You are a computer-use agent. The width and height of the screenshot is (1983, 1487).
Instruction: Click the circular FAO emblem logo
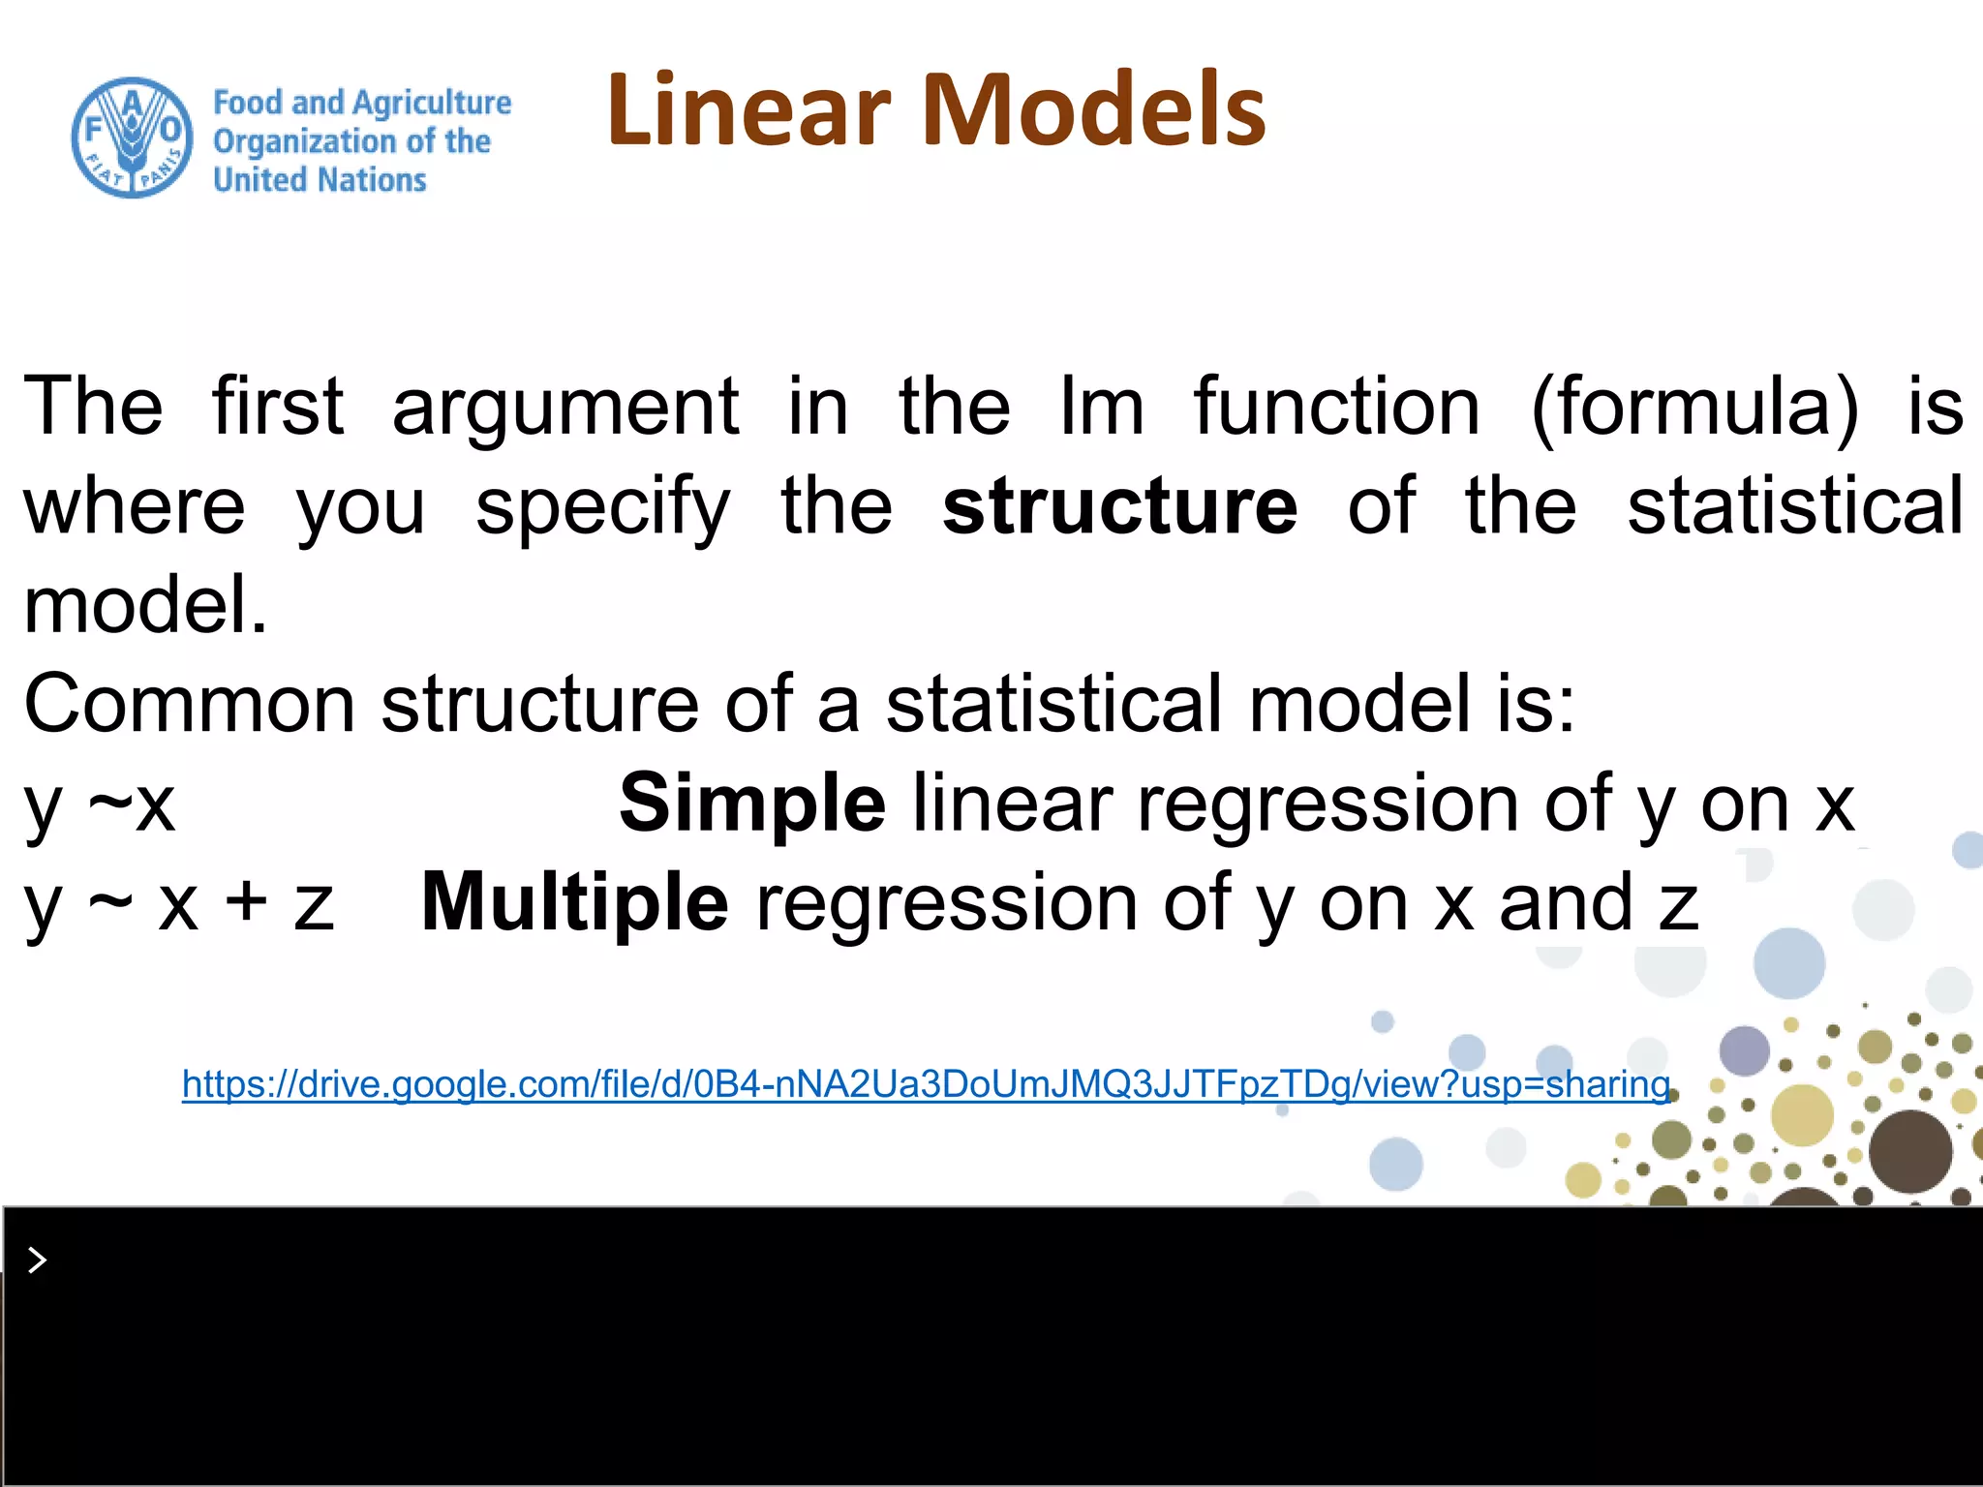click(132, 138)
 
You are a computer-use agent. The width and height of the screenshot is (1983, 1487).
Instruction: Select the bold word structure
click(1119, 506)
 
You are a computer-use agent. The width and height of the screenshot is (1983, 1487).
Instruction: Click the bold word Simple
click(752, 804)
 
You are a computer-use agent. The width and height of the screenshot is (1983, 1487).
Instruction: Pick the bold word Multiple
click(574, 902)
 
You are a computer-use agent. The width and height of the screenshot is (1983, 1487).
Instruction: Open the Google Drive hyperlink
click(926, 1084)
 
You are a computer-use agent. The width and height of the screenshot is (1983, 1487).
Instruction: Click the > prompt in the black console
click(37, 1260)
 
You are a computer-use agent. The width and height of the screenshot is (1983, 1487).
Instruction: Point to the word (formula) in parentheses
click(1694, 408)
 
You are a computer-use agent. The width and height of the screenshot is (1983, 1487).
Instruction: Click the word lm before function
click(1101, 406)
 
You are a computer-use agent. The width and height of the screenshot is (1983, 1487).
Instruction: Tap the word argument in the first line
click(565, 408)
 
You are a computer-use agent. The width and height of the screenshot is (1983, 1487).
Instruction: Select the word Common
click(190, 704)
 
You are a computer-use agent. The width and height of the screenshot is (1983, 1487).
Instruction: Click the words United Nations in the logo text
click(320, 180)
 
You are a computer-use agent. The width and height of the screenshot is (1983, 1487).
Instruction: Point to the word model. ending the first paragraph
click(145, 605)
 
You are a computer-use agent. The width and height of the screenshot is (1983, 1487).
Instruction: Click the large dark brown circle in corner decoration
click(1909, 1151)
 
